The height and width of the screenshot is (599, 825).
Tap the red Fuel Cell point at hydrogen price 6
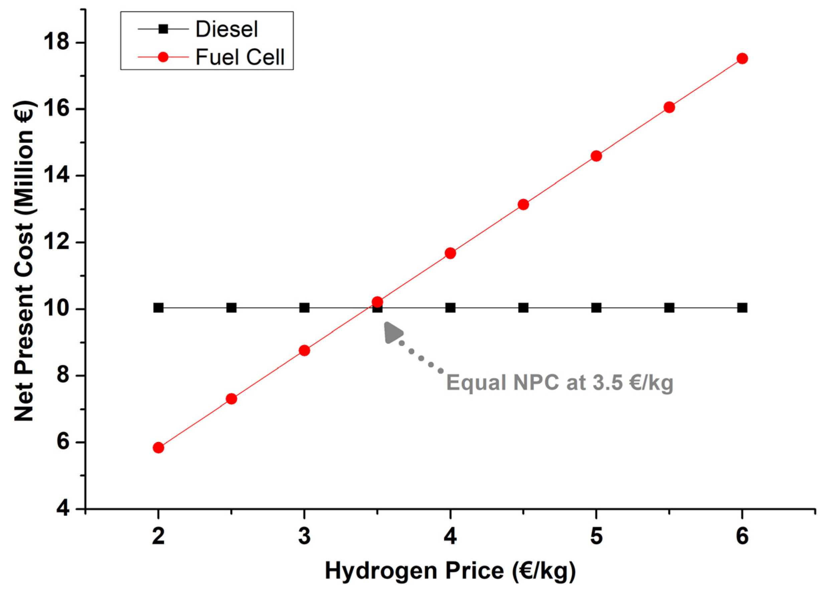pos(742,58)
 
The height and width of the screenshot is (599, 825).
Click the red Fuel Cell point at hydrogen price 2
pos(158,448)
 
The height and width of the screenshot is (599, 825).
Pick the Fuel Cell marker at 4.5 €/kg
pos(523,204)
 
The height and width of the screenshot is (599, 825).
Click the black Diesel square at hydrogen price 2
pos(158,308)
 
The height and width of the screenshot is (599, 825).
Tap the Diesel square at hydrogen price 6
pos(742,308)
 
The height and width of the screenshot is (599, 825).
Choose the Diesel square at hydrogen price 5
pos(596,308)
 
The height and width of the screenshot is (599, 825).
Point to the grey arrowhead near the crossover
pos(393,332)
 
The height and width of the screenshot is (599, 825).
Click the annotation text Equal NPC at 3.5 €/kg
pos(559,383)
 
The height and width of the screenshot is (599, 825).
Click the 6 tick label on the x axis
pos(742,537)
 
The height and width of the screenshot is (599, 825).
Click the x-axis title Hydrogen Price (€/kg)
pos(450,571)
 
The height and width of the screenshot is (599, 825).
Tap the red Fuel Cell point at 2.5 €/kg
pos(231,399)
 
